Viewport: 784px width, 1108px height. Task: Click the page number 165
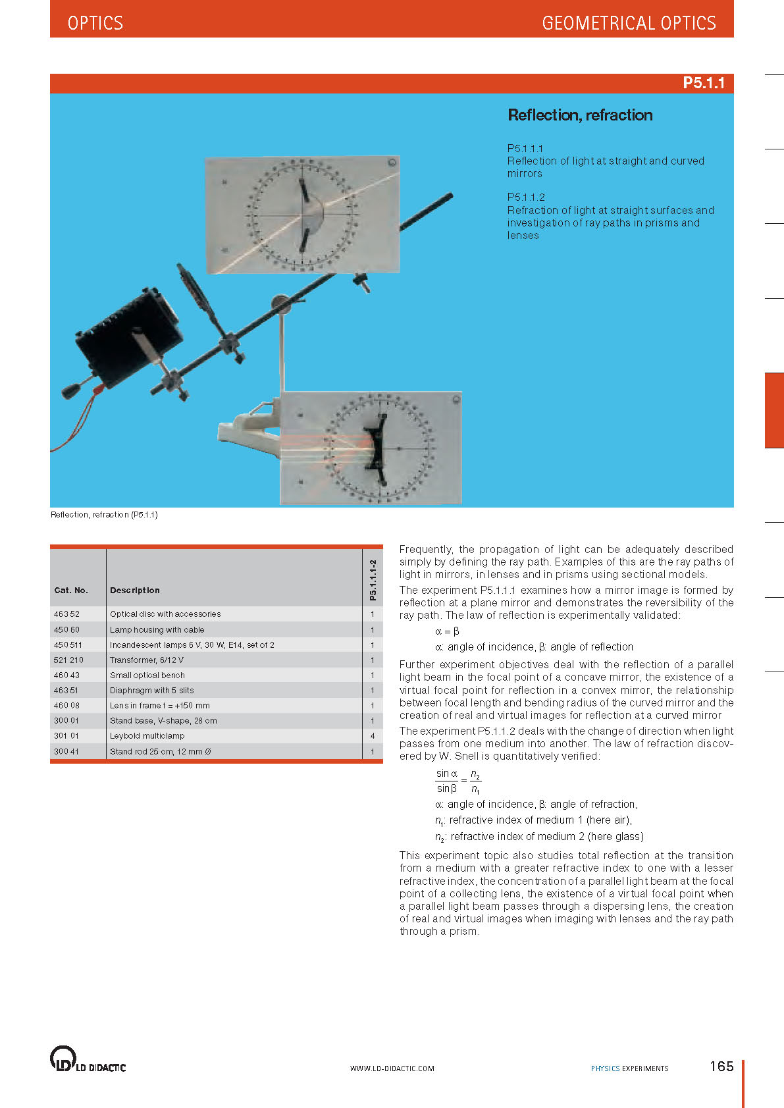pos(721,1067)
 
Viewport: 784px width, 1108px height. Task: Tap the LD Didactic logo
pos(88,1059)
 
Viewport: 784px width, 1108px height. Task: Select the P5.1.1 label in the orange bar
pos(703,83)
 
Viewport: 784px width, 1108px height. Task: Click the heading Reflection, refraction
pos(580,115)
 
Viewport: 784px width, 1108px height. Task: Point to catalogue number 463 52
pos(66,614)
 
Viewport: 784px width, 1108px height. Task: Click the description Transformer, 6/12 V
pos(147,660)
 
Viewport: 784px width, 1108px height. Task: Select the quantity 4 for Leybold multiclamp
pos(373,736)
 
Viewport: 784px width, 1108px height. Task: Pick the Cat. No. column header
pos(71,591)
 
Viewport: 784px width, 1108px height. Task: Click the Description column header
pos(135,591)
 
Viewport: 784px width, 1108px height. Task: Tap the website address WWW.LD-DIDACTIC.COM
pos(392,1068)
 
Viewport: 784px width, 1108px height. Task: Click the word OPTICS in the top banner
pos(95,23)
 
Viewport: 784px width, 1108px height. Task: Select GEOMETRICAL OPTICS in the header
pos(629,23)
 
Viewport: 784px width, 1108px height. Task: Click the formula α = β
pos(447,631)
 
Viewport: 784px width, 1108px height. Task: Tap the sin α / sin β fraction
pos(447,781)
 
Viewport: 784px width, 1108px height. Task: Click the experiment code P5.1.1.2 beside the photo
pos(526,197)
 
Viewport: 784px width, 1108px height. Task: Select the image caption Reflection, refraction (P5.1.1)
pos(104,515)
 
